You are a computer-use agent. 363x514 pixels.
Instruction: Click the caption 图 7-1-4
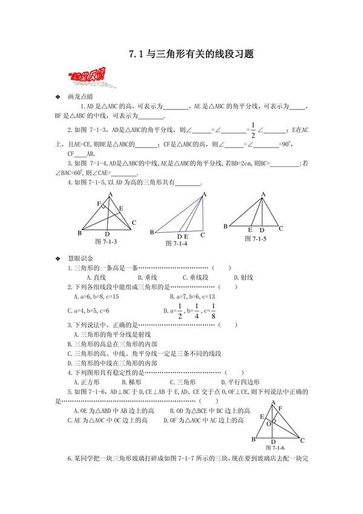177,243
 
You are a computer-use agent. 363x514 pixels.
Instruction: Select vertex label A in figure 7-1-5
263,195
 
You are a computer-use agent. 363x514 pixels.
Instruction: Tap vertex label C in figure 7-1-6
302,441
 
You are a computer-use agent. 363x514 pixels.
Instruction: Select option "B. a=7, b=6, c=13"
192,297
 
